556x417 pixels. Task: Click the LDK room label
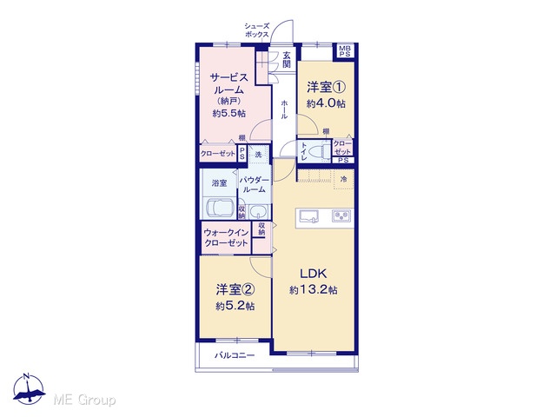click(314, 274)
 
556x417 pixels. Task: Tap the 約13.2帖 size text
click(314, 290)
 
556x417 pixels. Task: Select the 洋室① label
click(326, 87)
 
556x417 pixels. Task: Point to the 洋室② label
click(235, 289)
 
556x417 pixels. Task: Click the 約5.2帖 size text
click(235, 306)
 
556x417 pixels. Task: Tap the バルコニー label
click(235, 355)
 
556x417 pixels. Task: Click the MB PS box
click(344, 51)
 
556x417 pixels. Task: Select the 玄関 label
click(287, 60)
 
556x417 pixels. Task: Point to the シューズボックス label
click(257, 30)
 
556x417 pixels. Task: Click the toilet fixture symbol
click(319, 152)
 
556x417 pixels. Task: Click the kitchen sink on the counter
click(308, 216)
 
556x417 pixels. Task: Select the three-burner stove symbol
click(341, 215)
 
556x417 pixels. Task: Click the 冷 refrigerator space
click(344, 180)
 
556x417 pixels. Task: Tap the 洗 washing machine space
click(259, 155)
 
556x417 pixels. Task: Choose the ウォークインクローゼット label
click(226, 237)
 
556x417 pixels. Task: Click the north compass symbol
click(29, 389)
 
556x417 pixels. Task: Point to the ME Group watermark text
click(84, 400)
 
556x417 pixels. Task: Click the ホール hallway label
click(284, 109)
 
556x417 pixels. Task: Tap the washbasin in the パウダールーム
click(259, 212)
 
